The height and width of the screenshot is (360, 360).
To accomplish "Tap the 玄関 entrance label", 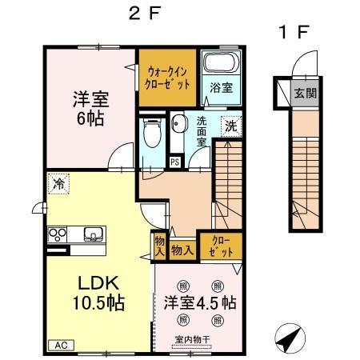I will [305, 93].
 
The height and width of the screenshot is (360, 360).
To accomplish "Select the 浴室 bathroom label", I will [221, 88].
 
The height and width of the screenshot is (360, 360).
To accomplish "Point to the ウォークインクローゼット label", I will [167, 77].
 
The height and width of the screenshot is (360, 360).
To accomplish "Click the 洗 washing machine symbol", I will [230, 126].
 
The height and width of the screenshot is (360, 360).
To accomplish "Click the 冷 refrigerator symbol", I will [58, 183].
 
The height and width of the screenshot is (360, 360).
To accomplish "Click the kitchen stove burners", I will [58, 235].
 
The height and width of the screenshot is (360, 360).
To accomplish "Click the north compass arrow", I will [288, 338].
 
